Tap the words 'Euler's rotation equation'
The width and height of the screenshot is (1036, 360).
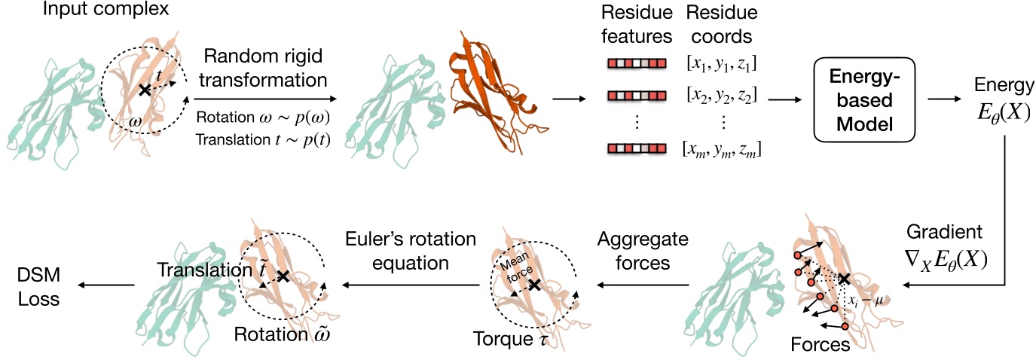411,251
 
